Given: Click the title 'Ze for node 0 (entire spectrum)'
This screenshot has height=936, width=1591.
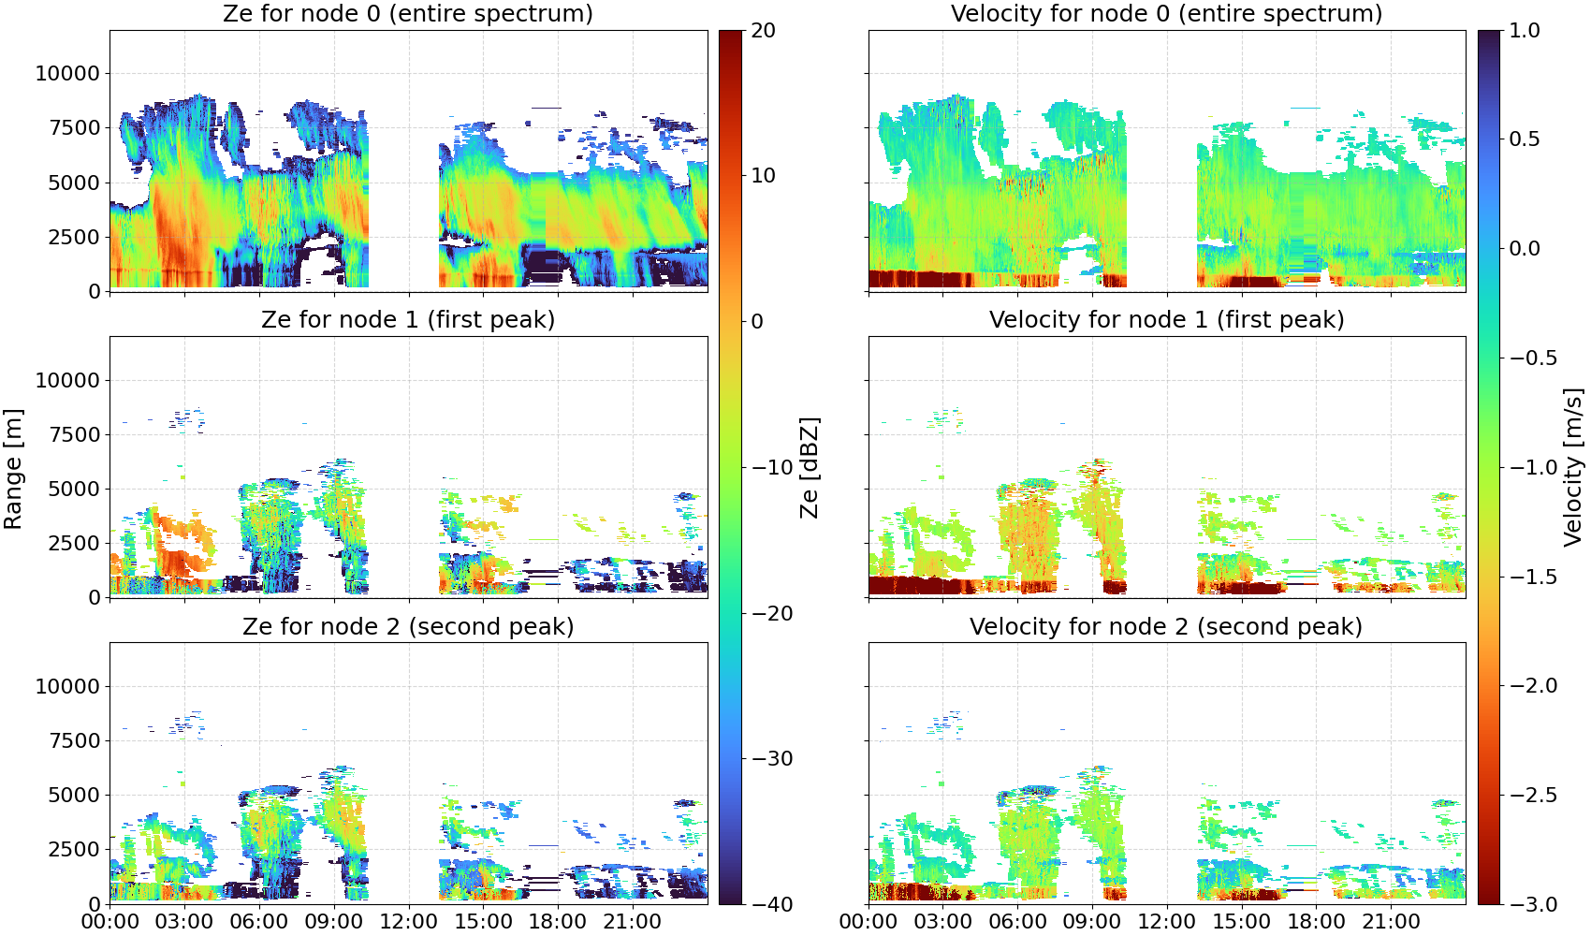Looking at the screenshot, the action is (x=408, y=13).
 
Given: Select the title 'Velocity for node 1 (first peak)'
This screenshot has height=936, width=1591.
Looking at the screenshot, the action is (x=1166, y=319).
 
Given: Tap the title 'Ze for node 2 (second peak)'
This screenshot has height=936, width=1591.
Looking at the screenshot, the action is (x=408, y=626).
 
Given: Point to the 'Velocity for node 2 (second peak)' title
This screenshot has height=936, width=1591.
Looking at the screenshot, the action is (x=1166, y=626).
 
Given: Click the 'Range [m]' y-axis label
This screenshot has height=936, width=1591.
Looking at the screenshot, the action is (x=13, y=469).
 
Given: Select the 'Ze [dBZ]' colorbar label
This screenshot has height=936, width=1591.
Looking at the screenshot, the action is (x=809, y=467).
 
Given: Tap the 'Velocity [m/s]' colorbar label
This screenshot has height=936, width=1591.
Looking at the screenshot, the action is (x=1573, y=467).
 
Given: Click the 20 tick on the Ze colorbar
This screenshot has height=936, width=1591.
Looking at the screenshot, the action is (x=763, y=31).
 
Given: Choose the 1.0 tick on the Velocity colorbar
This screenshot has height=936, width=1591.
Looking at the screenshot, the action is (x=1525, y=31).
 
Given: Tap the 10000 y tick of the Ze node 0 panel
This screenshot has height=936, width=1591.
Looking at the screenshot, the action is (x=67, y=73).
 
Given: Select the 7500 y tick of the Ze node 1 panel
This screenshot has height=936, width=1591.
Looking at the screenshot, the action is (x=74, y=434).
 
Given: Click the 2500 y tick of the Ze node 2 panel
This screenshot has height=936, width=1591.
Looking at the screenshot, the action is (x=74, y=849).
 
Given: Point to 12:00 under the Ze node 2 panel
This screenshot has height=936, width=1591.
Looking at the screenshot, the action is (x=408, y=922).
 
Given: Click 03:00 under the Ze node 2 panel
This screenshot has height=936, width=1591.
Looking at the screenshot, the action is (x=184, y=922).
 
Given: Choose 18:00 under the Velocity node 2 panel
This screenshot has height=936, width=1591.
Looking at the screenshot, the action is (x=1316, y=922).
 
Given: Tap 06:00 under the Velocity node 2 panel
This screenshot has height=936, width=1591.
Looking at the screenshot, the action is (x=1018, y=922).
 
